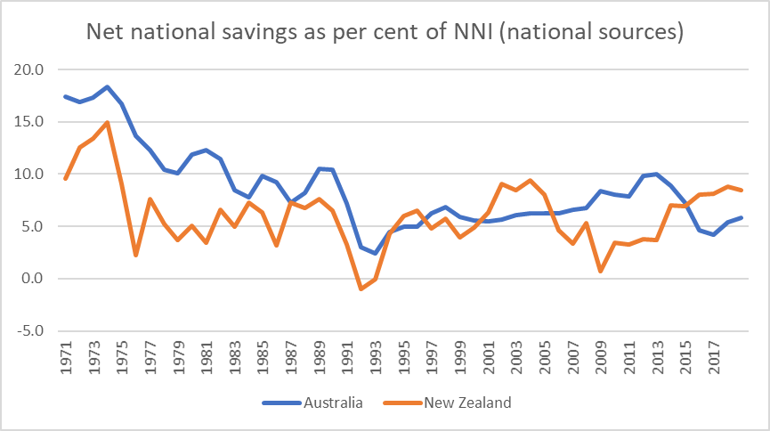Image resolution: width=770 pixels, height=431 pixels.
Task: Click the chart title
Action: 384,34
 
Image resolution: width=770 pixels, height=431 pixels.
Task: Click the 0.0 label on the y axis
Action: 33,279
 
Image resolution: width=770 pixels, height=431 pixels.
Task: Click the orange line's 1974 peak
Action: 108,122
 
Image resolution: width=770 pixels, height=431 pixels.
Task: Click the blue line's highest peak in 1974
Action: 108,86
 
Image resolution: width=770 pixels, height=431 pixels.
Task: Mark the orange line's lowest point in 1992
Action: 361,289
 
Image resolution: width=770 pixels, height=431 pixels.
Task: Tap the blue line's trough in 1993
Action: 376,253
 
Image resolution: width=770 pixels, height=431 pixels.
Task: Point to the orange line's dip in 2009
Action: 601,271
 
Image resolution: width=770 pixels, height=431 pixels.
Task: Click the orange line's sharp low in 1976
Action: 136,256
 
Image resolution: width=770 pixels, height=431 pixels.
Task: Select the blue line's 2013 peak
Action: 657,174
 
